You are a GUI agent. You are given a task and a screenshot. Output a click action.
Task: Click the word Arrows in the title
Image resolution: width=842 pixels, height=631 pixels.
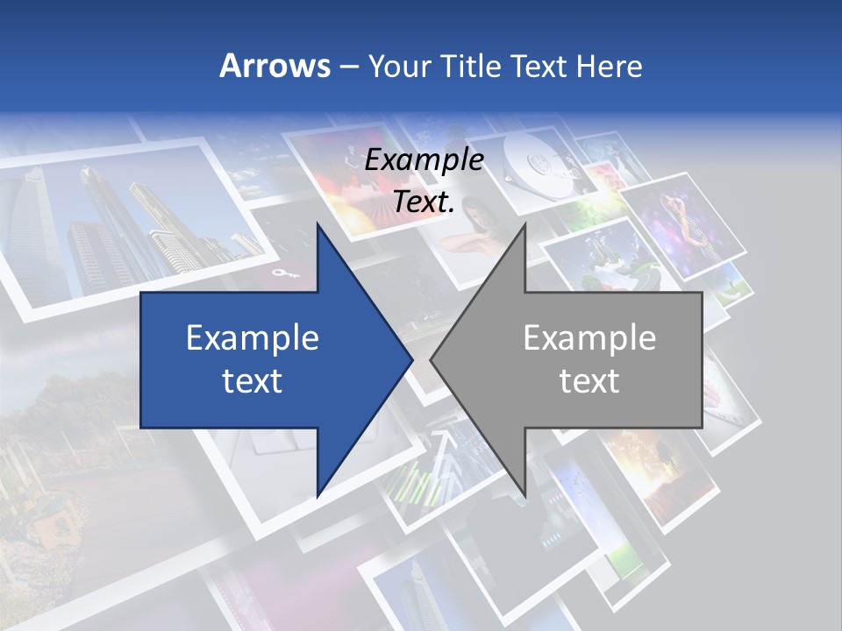tap(275, 66)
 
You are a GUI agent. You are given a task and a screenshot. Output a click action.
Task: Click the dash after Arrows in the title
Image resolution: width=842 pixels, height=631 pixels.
tap(348, 67)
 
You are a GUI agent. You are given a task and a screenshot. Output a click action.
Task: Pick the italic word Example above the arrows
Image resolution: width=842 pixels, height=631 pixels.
tap(424, 160)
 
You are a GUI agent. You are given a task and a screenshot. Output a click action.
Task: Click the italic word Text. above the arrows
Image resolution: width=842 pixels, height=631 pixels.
tap(424, 202)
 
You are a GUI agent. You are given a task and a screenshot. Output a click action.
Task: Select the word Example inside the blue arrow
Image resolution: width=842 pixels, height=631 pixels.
tap(253, 337)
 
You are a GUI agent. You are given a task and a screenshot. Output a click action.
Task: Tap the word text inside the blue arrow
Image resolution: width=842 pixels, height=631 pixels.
tap(253, 380)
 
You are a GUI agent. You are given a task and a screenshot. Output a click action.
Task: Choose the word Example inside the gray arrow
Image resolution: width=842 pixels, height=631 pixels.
tap(589, 337)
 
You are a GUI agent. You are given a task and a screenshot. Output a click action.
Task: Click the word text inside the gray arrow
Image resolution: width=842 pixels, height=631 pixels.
tap(589, 380)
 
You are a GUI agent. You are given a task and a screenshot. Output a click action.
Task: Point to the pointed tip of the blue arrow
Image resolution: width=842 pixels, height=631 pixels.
tap(412, 359)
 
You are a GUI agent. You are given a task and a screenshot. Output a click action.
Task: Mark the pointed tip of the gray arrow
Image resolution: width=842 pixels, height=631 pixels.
tap(431, 359)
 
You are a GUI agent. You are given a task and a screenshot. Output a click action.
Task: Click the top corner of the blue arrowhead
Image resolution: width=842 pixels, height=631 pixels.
tap(318, 224)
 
